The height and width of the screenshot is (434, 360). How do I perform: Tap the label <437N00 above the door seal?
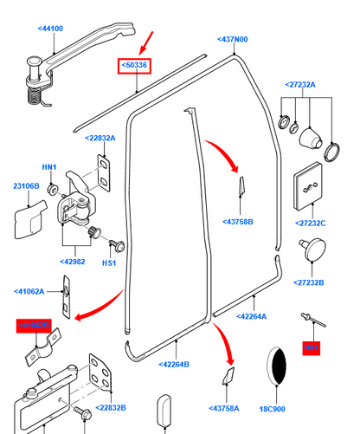coord(231,40)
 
